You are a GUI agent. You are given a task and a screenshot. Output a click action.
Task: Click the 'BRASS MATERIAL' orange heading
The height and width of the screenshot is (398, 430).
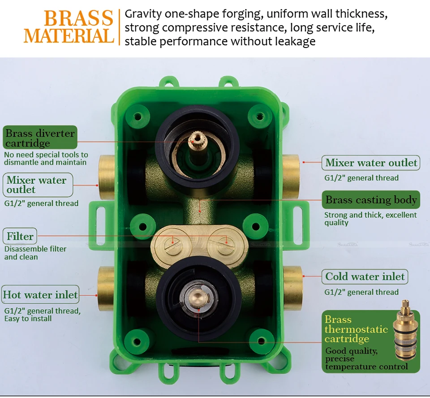[x=69, y=26]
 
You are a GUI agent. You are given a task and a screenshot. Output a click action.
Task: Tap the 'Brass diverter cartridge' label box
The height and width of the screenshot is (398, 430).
[x=40, y=137]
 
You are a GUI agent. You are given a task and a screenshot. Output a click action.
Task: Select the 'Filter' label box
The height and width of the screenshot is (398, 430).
[x=20, y=236]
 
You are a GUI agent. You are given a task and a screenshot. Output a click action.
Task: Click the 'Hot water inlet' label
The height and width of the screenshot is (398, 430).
[x=40, y=294]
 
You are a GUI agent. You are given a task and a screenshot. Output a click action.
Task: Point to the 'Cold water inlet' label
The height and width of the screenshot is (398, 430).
[x=365, y=277]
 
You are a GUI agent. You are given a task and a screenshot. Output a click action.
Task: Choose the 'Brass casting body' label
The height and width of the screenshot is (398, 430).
[x=371, y=199]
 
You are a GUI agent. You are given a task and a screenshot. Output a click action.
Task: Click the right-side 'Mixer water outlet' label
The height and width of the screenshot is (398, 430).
[x=371, y=163]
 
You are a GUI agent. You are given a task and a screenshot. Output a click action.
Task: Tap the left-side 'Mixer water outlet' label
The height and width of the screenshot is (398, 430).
[x=38, y=185]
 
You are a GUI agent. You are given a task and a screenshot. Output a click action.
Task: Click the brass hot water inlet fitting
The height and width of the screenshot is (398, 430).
[x=106, y=288]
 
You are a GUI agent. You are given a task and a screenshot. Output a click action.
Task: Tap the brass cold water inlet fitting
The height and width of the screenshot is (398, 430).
[x=293, y=288]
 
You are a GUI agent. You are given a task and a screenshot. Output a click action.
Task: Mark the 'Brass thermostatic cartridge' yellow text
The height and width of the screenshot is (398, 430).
[x=356, y=329]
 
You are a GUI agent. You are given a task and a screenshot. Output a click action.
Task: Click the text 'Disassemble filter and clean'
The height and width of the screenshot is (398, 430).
[x=35, y=253]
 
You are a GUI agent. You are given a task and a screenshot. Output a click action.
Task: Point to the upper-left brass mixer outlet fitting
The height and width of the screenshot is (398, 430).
[x=107, y=177]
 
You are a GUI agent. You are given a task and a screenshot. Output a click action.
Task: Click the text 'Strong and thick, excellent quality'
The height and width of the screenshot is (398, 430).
[x=370, y=218]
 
